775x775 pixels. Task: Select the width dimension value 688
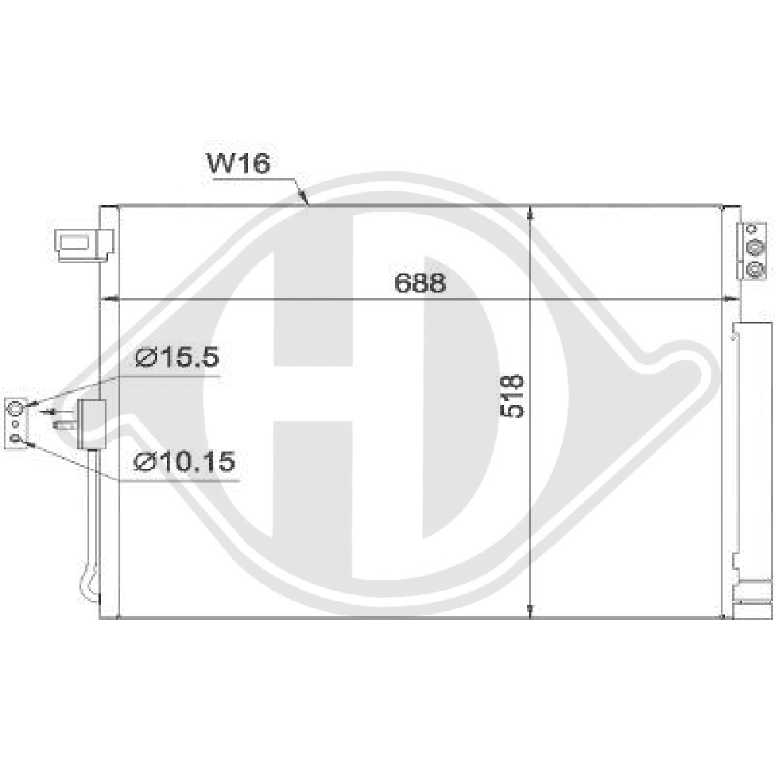pyautogui.click(x=420, y=284)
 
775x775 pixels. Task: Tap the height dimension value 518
pyautogui.click(x=513, y=396)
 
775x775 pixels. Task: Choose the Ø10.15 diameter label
pyautogui.click(x=184, y=462)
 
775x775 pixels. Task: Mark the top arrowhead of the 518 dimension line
pyautogui.click(x=530, y=214)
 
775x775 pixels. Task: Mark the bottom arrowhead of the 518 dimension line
pyautogui.click(x=530, y=610)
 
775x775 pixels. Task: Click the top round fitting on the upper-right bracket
pyautogui.click(x=753, y=247)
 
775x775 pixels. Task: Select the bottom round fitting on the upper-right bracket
pyautogui.click(x=753, y=269)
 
